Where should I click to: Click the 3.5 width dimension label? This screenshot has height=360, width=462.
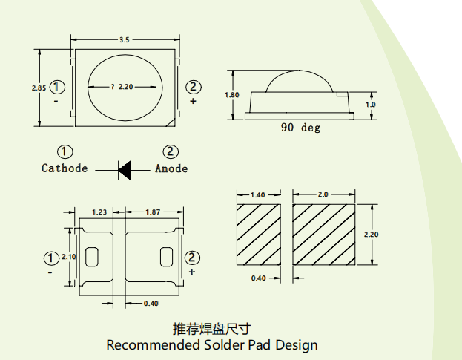click(x=124, y=40)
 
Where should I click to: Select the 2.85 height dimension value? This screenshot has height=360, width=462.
click(x=39, y=88)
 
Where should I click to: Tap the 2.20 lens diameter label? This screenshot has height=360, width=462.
click(x=126, y=87)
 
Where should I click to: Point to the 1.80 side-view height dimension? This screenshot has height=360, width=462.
click(x=232, y=95)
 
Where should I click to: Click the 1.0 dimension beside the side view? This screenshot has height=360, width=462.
click(x=370, y=105)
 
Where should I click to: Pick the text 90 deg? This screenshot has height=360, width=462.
click(x=300, y=128)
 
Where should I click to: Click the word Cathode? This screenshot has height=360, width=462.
click(x=65, y=168)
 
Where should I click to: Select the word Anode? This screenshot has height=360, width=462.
click(x=171, y=168)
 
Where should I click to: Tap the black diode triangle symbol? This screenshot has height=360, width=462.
click(x=125, y=171)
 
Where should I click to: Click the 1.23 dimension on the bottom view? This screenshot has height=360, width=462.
click(x=99, y=212)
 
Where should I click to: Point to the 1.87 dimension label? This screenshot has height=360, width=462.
click(x=153, y=212)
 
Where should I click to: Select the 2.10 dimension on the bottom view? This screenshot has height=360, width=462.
click(x=69, y=257)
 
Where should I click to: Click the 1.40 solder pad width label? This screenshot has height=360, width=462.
click(x=258, y=195)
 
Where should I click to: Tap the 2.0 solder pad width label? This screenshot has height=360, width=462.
click(x=323, y=194)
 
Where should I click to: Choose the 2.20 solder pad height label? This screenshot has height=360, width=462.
click(x=371, y=235)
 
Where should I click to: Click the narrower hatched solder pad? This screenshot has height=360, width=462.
click(x=259, y=235)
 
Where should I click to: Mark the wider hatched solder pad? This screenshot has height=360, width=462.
click(x=324, y=235)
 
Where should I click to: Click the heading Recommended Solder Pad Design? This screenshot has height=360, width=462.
click(x=212, y=344)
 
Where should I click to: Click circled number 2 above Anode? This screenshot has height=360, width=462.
click(x=171, y=151)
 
